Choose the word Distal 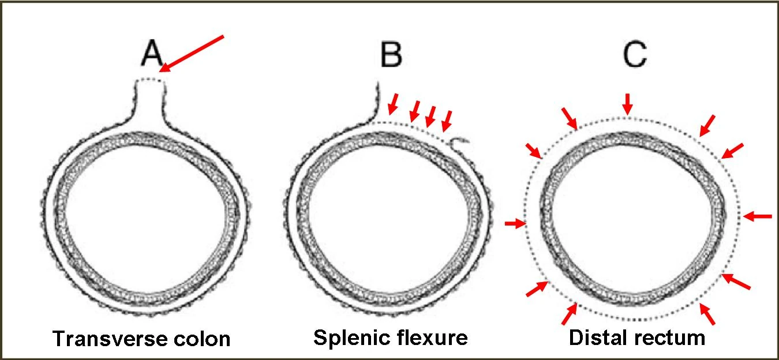point(596,337)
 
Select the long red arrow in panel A point(192,53)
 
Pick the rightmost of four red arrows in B point(447,120)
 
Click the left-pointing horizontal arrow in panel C point(758,216)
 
